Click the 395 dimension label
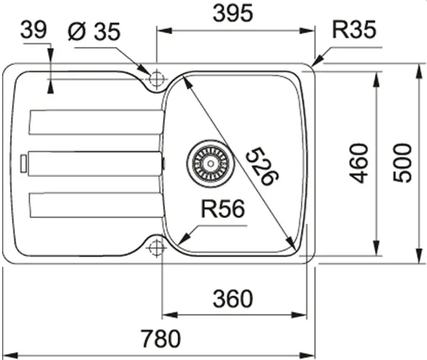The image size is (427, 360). (233, 13)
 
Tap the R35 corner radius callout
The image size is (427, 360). (354, 29)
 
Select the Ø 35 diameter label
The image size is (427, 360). (94, 31)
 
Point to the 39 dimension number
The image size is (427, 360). (34, 30)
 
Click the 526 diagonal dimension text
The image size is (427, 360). (262, 166)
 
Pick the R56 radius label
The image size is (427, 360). (223, 209)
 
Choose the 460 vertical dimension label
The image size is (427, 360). (359, 163)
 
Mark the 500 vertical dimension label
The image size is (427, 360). (402, 163)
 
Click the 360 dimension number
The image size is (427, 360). (233, 299)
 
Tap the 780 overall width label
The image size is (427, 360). (161, 338)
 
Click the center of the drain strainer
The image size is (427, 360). (210, 164)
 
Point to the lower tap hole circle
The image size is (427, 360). (156, 247)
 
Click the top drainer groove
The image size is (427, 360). (97, 122)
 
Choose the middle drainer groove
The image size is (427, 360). (96, 164)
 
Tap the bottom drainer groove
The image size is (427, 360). (97, 205)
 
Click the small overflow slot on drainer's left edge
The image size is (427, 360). (23, 163)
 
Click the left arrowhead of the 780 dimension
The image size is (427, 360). (10, 355)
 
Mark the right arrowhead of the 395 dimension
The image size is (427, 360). (307, 30)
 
